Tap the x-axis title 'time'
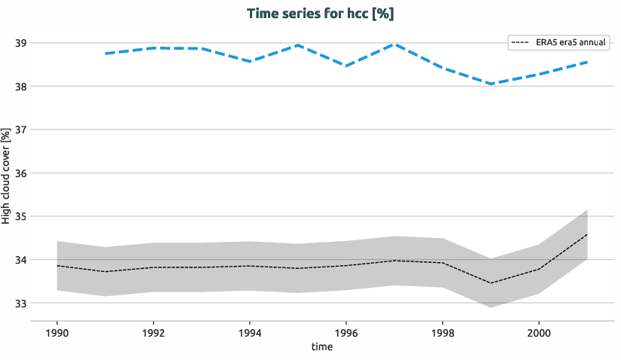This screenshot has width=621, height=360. tap(322, 347)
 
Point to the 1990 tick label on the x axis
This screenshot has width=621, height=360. tap(57, 332)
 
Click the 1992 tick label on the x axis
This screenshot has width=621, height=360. tap(154, 332)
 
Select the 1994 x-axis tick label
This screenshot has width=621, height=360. tap(250, 332)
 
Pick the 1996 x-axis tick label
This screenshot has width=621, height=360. tap(346, 332)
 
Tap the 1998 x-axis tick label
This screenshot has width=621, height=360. tap(442, 332)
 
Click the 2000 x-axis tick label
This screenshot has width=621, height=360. tap(538, 332)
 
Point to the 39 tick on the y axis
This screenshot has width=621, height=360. tap(20, 43)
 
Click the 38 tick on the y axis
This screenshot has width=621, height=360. tap(20, 87)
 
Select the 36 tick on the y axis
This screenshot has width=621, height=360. tap(20, 173)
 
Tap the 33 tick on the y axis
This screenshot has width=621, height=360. tap(20, 304)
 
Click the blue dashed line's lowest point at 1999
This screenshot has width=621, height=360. tap(491, 84)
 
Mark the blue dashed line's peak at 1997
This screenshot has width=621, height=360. tap(394, 44)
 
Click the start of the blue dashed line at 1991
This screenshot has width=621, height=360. tap(106, 53)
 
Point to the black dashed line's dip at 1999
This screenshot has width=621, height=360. tap(491, 283)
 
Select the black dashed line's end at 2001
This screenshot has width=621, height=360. tap(586, 234)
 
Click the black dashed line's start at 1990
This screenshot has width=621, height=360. tap(58, 266)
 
